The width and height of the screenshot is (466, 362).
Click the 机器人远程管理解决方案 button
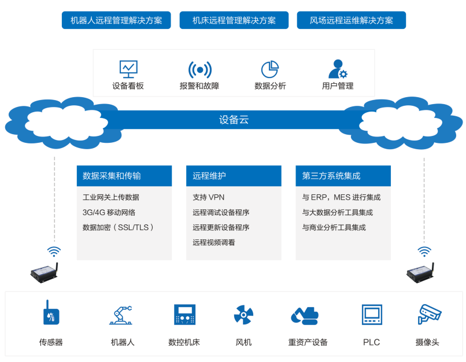[116, 20]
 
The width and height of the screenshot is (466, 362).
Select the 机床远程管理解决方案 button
[234, 20]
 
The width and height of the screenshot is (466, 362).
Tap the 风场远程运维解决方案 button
[351, 20]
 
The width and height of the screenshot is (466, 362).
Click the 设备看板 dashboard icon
[128, 69]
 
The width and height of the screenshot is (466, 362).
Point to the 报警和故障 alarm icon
[199, 69]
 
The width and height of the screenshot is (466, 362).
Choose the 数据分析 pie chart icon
[270, 69]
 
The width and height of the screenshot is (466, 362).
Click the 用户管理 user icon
[338, 69]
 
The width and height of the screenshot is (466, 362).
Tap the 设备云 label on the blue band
[234, 120]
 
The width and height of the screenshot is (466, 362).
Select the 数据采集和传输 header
[124, 176]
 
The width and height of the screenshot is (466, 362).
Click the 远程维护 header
[234, 176]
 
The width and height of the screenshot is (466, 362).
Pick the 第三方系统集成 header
[343, 176]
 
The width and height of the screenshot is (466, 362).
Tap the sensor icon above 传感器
[51, 314]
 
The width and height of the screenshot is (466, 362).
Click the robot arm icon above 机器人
[121, 315]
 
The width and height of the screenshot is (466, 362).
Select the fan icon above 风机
[243, 315]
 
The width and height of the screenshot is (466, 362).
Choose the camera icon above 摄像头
[429, 314]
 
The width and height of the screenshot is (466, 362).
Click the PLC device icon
[371, 315]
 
